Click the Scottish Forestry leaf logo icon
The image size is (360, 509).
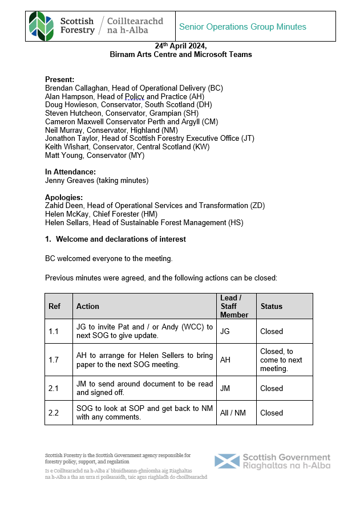[x=42, y=26]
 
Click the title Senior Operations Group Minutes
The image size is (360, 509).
[x=242, y=27]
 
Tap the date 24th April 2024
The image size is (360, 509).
[x=180, y=46]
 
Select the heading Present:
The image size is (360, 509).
[x=59, y=80]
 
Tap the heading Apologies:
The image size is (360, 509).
[x=63, y=197]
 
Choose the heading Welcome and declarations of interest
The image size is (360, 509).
[x=120, y=239]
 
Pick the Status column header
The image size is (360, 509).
[x=272, y=306]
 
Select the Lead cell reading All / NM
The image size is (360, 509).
[x=233, y=413]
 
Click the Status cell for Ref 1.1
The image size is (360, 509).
[x=272, y=331]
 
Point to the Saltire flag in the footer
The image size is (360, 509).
[x=226, y=462]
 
